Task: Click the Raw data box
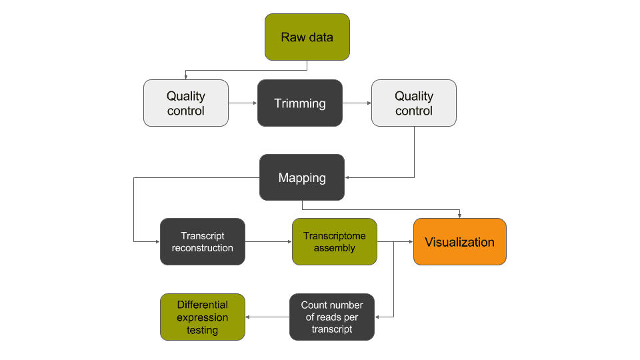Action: (307, 37)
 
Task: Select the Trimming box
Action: (300, 103)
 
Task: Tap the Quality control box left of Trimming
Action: (186, 103)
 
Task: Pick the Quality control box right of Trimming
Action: (414, 103)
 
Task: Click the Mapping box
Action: (302, 177)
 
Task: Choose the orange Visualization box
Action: (460, 241)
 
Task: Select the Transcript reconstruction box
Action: (203, 241)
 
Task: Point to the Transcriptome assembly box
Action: (335, 241)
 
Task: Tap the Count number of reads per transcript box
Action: (332, 317)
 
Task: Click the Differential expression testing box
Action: (203, 317)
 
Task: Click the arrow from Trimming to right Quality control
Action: (357, 103)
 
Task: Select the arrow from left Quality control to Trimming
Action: (243, 103)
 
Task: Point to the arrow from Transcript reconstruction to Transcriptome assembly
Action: (269, 241)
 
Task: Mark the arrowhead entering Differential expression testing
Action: (249, 317)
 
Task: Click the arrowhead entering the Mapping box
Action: (348, 177)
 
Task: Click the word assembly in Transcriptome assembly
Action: (335, 248)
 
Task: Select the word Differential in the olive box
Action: (203, 305)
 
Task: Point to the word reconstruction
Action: (203, 248)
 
